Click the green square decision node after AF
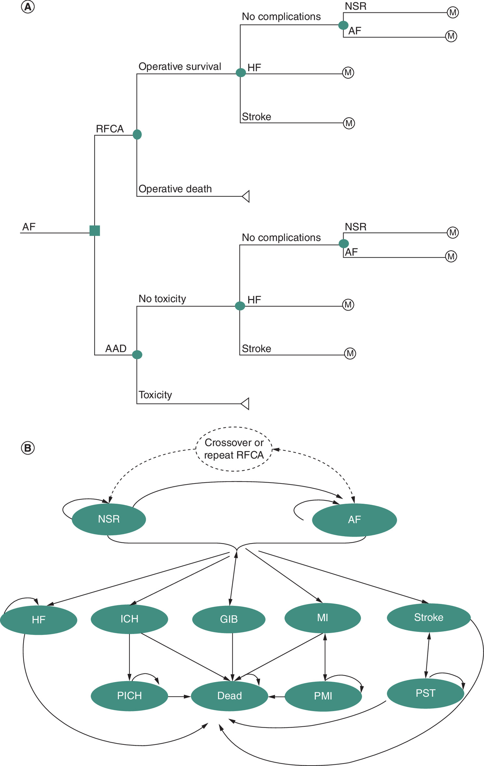point(95,230)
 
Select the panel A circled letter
point(28,7)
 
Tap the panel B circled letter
point(28,448)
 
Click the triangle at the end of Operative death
point(246,196)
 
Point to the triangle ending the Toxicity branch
point(245,404)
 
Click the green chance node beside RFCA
point(137,134)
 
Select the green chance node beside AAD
point(137,354)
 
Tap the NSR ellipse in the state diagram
point(109,519)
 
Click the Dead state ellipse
point(230,696)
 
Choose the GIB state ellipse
point(229,619)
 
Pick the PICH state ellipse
point(129,696)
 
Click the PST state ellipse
point(425,693)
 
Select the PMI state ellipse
point(323,696)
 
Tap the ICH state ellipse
point(129,619)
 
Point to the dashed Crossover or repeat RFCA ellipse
point(234,449)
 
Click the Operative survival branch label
point(180,66)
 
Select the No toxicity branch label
point(162,299)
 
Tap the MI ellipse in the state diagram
point(323,618)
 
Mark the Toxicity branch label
point(155,395)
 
